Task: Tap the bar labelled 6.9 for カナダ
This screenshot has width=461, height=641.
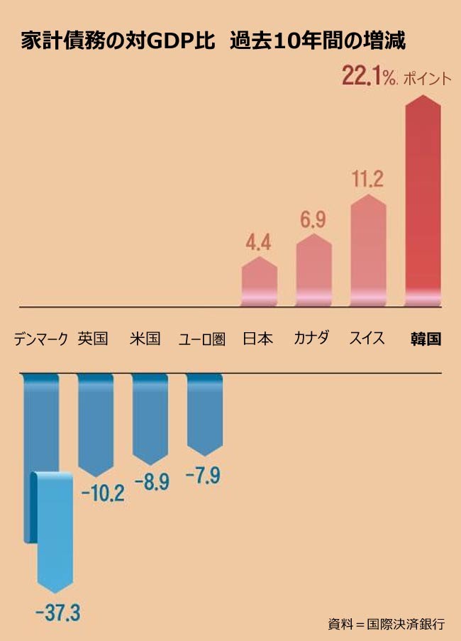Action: pos(313,270)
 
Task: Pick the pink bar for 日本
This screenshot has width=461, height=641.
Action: pos(259,282)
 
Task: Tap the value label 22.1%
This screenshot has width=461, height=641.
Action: pos(369,76)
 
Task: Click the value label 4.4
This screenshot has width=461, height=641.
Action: pos(259,244)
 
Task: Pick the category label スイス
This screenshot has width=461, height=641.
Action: pos(367,339)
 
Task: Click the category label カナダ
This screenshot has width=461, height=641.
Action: pos(312,339)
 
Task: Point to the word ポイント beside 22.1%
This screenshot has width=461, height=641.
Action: pos(427,79)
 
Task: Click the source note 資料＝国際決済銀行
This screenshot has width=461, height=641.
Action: pos(386,624)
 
